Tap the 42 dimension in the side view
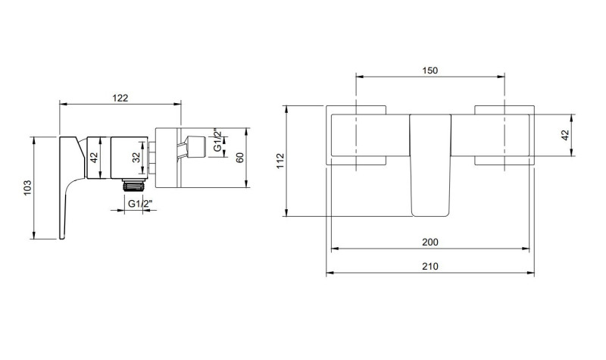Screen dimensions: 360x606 [x=94, y=158]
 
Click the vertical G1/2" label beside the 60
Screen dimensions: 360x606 [x=217, y=141]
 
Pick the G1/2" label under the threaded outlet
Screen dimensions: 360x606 [x=139, y=203]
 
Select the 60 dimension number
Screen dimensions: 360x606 [x=239, y=158]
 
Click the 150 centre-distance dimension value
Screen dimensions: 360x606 [x=430, y=70]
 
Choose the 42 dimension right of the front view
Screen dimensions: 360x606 [x=564, y=136]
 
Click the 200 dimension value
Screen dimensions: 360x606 [x=430, y=242]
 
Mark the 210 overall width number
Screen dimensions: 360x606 [x=430, y=266]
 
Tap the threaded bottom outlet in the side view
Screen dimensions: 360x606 [x=133, y=184]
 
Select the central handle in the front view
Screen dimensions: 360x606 [x=430, y=163]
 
